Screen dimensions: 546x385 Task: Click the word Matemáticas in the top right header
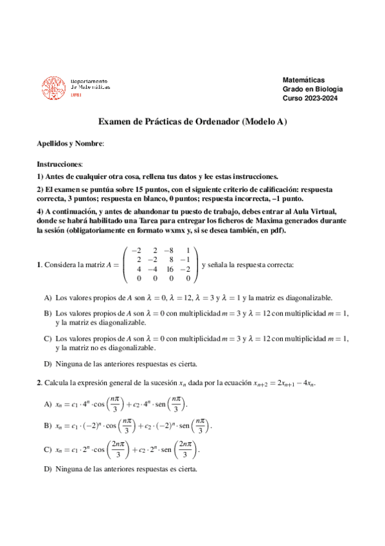(303, 79)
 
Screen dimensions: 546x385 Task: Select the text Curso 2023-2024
(310, 98)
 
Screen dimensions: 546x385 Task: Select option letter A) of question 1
(48, 298)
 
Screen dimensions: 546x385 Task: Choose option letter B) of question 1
(48, 313)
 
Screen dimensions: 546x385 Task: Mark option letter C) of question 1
(48, 338)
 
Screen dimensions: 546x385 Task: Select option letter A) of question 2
(48, 404)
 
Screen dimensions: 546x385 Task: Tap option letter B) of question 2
(48, 426)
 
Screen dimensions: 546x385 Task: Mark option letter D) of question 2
(48, 469)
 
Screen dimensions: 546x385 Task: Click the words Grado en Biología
(313, 89)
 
